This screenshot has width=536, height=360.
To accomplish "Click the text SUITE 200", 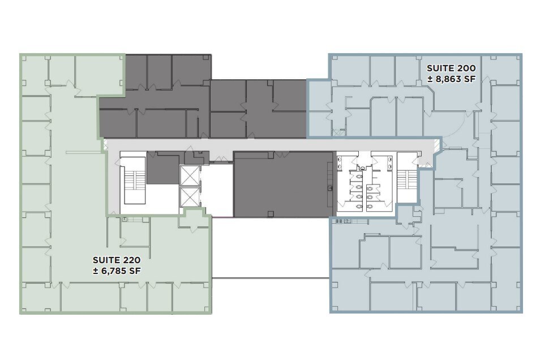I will pyautogui.click(x=451, y=67).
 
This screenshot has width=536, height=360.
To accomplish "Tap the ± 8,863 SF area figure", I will pyautogui.click(x=451, y=80).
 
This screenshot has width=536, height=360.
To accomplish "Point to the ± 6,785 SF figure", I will pyautogui.click(x=116, y=271).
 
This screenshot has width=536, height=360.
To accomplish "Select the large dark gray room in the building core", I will pyautogui.click(x=282, y=184).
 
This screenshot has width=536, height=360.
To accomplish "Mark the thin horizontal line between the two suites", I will pyautogui.click(x=270, y=277).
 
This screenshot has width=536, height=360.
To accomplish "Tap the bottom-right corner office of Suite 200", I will pyautogui.click(x=504, y=297).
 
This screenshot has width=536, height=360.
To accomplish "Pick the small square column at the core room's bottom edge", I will pyautogui.click(x=269, y=214).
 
